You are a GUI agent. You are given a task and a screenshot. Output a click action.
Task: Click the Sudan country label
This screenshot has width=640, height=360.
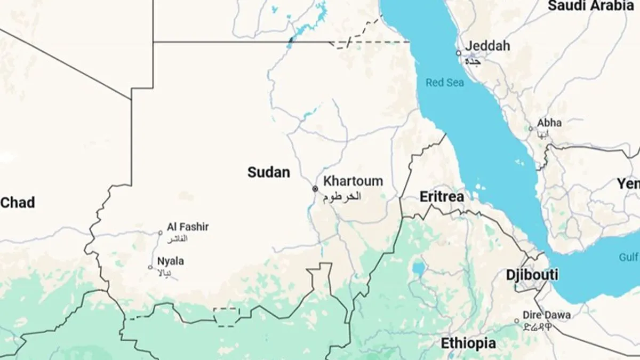click(269, 172)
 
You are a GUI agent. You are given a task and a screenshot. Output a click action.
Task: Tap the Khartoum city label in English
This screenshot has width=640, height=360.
click(353, 181)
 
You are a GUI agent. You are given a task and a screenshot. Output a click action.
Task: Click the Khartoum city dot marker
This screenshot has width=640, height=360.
click(315, 189)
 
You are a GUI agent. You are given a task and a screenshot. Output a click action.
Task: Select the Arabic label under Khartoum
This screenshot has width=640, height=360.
click(342, 196)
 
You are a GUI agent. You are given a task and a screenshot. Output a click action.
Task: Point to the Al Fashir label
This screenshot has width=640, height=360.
click(188, 227)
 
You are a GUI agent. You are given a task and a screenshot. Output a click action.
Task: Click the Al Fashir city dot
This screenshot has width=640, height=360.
click(160, 233)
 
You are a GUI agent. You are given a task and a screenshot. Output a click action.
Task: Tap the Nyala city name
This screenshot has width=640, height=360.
click(171, 261)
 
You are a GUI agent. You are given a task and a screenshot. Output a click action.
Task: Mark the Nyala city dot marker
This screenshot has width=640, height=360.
click(150, 267)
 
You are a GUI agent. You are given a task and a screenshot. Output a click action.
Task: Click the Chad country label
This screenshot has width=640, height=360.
click(18, 203)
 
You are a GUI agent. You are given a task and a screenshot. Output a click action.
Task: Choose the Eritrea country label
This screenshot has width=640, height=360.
click(442, 197)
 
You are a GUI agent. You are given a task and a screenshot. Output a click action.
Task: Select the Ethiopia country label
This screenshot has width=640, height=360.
click(468, 343)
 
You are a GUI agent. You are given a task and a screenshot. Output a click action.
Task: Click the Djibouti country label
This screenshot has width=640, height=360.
click(532, 275)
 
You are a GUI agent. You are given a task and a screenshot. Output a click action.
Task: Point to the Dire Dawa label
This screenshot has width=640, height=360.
click(546, 315)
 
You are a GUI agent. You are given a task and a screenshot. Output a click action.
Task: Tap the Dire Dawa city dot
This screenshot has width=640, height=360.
click(516, 321)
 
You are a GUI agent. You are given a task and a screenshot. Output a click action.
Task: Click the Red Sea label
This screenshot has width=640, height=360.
click(445, 83)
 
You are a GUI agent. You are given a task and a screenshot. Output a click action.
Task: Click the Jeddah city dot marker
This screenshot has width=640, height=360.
click(458, 53)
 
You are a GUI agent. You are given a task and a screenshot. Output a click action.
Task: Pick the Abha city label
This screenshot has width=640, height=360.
click(549, 123)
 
